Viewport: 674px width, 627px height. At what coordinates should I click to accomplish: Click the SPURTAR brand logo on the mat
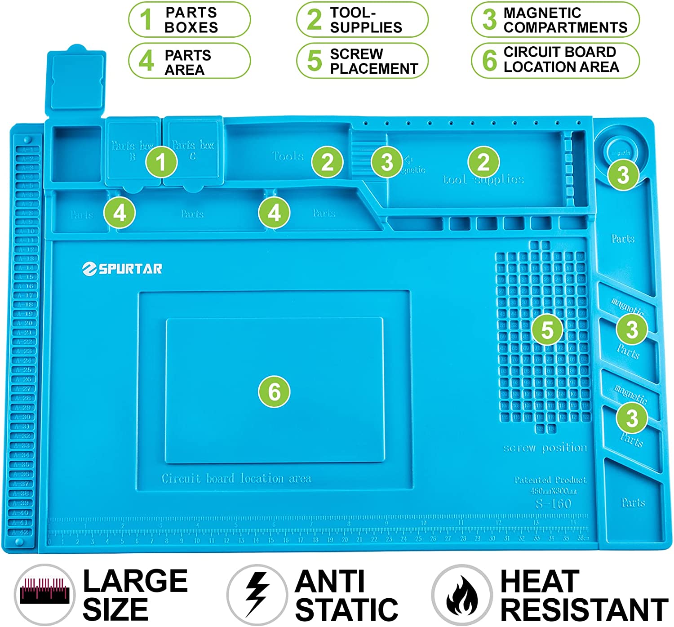pyautogui.click(x=122, y=269)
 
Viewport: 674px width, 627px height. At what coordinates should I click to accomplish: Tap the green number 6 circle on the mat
pyautogui.click(x=274, y=391)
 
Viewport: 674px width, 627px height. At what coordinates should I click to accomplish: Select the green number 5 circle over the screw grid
pyautogui.click(x=547, y=330)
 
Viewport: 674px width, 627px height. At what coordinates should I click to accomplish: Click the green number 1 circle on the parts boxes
pyautogui.click(x=161, y=162)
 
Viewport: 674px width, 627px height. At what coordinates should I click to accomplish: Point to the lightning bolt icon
pyautogui.click(x=257, y=594)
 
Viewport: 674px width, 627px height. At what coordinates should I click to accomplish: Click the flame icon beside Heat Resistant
pyautogui.click(x=461, y=595)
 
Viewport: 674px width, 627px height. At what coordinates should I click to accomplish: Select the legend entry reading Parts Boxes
pyautogui.click(x=189, y=20)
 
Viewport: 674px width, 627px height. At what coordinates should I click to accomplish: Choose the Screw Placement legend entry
pyautogui.click(x=362, y=61)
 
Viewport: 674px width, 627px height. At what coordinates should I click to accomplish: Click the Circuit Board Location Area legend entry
pyautogui.click(x=555, y=60)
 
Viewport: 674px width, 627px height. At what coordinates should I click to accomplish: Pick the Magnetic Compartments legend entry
pyautogui.click(x=555, y=20)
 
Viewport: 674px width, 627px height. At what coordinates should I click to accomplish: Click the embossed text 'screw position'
pyautogui.click(x=545, y=448)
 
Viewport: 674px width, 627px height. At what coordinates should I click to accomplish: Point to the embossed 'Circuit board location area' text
pyautogui.click(x=236, y=478)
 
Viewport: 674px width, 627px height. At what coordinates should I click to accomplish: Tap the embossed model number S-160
pyautogui.click(x=553, y=503)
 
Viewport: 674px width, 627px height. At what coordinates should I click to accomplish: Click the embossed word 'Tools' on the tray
pyautogui.click(x=288, y=156)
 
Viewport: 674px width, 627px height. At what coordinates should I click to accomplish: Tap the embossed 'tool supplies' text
pyautogui.click(x=483, y=180)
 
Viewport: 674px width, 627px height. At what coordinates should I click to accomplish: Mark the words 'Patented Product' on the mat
pyautogui.click(x=550, y=480)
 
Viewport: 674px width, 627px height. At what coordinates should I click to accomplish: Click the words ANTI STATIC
pyautogui.click(x=346, y=595)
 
